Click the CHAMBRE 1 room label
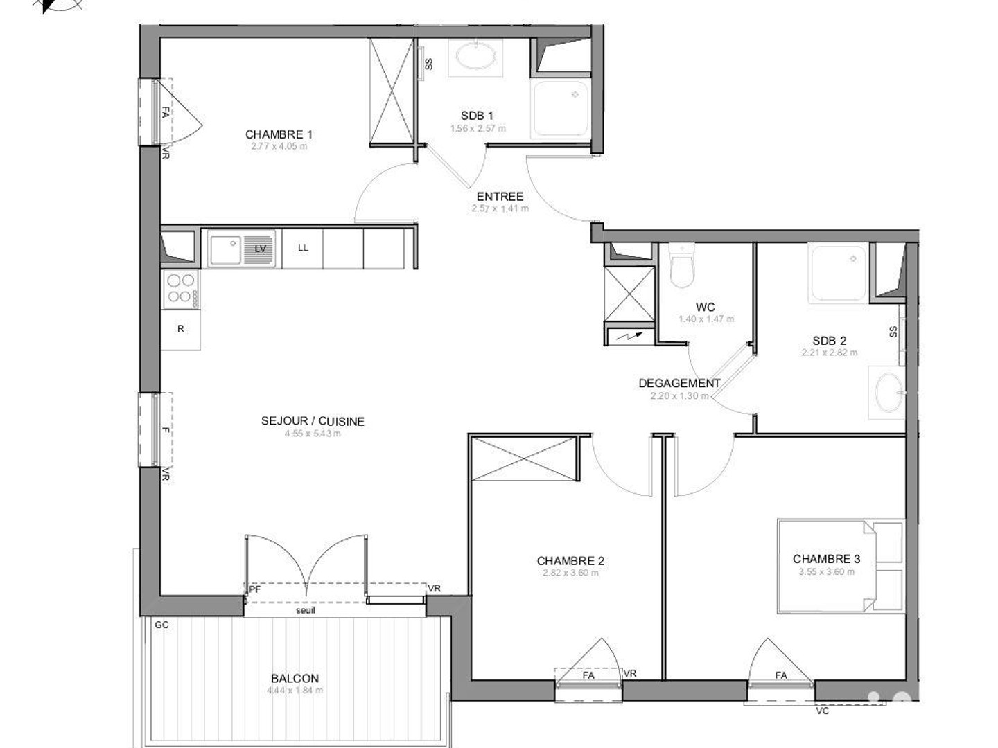click(279, 134)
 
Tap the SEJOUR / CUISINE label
click(313, 421)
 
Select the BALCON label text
click(295, 679)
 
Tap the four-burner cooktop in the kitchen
click(180, 289)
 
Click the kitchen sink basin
click(225, 249)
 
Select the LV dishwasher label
click(261, 249)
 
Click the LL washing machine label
click(303, 248)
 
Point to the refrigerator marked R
click(180, 329)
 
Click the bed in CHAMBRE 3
click(841, 565)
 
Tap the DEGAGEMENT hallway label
click(679, 383)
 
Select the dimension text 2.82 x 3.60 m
click(570, 573)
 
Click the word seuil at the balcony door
click(305, 610)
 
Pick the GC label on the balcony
click(161, 625)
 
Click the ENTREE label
click(500, 197)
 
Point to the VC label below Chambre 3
click(822, 711)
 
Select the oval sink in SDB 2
click(888, 393)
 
